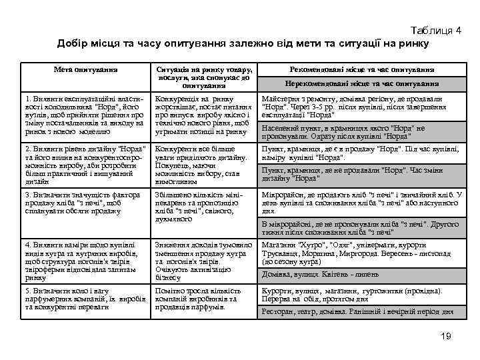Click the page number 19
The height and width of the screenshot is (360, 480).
click(447, 336)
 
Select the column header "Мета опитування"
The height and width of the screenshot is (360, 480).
click(86, 69)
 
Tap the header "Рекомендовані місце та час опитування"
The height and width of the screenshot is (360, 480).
click(363, 69)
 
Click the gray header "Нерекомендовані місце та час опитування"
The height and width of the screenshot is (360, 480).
click(362, 84)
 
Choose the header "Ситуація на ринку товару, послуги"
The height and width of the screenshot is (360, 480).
click(204, 77)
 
